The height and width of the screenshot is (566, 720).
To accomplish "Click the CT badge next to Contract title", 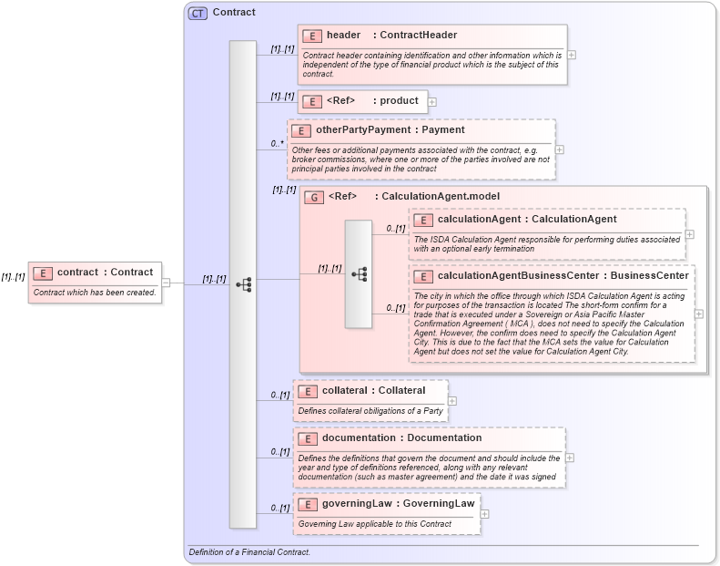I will pos(198,13).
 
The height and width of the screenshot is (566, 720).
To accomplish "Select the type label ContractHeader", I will pos(420,36).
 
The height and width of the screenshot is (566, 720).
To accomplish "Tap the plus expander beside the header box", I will pos(571,55).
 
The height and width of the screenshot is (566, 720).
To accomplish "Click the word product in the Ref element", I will pos(400,101).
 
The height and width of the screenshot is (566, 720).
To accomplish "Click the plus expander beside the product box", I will pos(432,102).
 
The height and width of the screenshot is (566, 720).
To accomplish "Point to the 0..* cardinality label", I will pos(277,144).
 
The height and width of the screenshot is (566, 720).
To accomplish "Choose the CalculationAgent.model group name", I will pos(441,197).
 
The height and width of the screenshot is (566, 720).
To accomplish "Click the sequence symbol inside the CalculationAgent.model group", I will pos(358,273).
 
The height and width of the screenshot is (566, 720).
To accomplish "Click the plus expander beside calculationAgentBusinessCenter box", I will pos(698,314).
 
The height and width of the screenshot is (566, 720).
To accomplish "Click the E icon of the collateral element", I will pos(308,391).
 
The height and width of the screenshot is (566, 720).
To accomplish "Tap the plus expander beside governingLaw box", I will pos(484,514).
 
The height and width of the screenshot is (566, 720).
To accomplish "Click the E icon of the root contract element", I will pos(43,273).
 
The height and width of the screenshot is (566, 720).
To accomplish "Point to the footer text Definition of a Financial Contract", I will pos(249,552).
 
